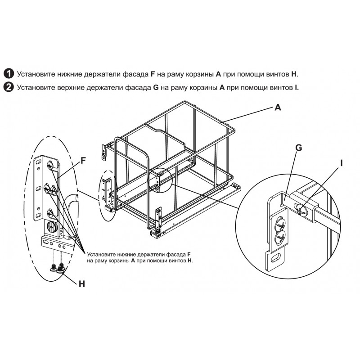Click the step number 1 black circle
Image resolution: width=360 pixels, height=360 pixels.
pos(9,74)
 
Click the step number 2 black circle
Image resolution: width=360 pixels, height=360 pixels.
pos(9,87)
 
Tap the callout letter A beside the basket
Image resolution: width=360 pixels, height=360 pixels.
pos(278,107)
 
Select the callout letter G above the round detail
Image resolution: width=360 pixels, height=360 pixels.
pos(299,148)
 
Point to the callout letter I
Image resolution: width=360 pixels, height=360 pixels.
pos(342,163)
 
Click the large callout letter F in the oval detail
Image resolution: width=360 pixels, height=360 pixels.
pos(83,161)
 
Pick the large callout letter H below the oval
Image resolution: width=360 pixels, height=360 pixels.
pos(82,284)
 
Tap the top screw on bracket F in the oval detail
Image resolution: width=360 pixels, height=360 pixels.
pos(50,165)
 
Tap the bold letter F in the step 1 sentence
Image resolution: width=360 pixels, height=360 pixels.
pos(153,74)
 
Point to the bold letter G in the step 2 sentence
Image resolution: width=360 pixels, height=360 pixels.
pos(156,87)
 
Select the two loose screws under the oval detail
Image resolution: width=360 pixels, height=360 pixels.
pos(57,268)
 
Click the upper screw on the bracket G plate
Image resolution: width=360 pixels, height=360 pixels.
pos(281,222)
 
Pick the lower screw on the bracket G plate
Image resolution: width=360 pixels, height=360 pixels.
pos(281,236)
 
